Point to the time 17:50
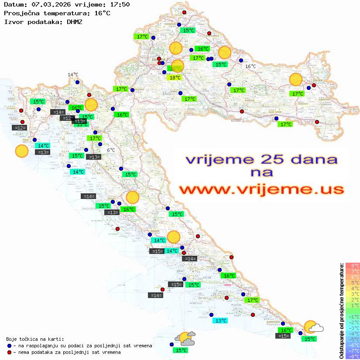[120, 5]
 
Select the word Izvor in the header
[13, 21]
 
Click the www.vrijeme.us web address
[261, 189]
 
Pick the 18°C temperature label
[175, 78]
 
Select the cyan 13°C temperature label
[220, 320]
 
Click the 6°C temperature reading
[111, 150]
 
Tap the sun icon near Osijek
[296, 80]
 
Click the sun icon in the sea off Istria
[21, 151]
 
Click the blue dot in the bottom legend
[9, 346]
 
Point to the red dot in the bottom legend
[9, 352]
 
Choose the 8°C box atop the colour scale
[353, 266]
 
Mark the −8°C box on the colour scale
[353, 357]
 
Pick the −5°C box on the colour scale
[353, 339]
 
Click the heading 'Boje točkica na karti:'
[35, 339]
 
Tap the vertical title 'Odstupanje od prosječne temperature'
[341, 311]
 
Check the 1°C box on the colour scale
[353, 305]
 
